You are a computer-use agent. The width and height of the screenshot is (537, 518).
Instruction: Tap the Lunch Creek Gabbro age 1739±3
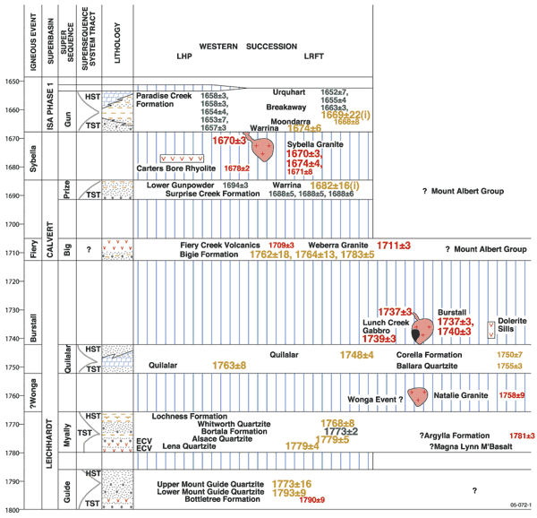pyautogui.click(x=380, y=339)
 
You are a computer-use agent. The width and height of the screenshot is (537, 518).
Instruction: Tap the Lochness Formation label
pyautogui.click(x=192, y=416)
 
